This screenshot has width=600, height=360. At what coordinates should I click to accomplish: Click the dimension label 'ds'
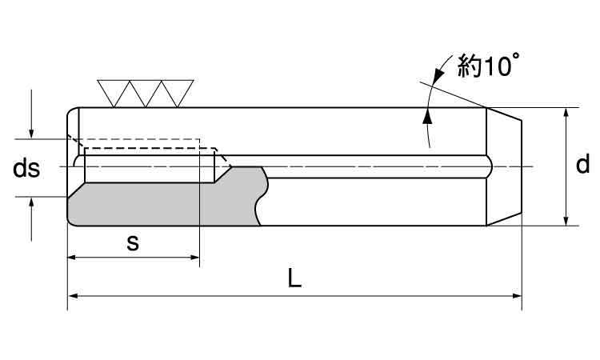[x=26, y=168]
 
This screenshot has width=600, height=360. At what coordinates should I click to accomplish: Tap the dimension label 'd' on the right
[x=582, y=165]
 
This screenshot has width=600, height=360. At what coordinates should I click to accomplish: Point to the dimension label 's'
[x=134, y=243]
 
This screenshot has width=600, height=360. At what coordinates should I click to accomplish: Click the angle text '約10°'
[x=488, y=67]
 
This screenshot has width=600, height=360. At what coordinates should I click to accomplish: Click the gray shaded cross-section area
[x=160, y=204]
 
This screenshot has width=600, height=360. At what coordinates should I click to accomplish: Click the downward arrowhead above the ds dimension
[x=31, y=132]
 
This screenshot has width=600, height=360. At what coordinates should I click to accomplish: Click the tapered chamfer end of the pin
[x=505, y=166]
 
